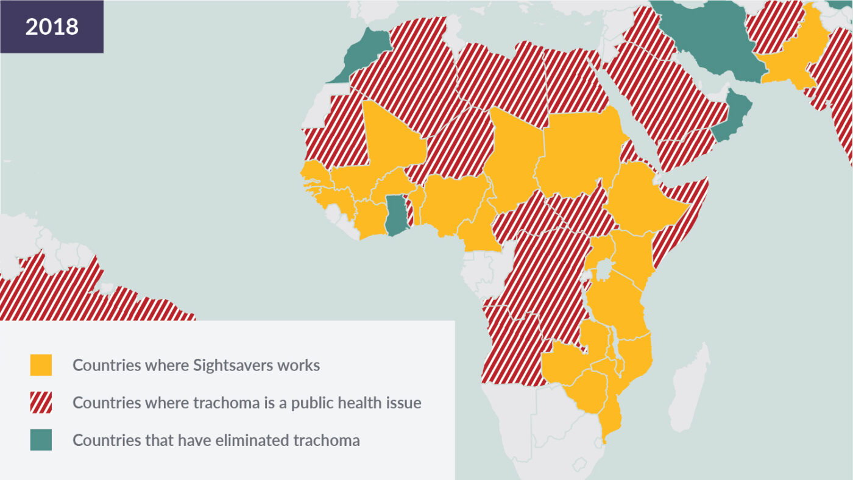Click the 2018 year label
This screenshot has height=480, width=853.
(x=52, y=27)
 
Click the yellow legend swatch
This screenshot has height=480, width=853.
(x=41, y=365)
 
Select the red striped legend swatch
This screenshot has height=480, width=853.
(x=41, y=403)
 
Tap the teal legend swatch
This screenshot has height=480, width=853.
(x=41, y=440)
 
